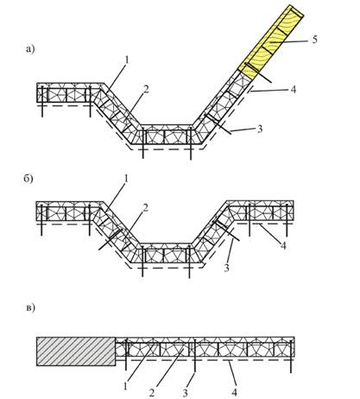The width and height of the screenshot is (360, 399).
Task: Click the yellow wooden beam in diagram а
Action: (270, 42)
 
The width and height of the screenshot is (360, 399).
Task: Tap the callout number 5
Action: (314, 39)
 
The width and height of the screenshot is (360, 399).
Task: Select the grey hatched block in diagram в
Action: (76, 351)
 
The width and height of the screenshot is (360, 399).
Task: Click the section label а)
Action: (30, 49)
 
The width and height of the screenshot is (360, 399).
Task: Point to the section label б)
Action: (28, 179)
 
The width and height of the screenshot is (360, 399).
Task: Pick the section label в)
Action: (30, 307)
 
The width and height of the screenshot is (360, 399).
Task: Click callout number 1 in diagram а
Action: (126, 60)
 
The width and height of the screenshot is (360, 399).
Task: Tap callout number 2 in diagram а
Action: (146, 90)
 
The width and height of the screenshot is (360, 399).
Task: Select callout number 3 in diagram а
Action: (260, 129)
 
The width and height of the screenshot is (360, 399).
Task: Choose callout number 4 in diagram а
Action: (293, 90)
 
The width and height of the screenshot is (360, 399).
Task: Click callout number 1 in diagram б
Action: (126, 179)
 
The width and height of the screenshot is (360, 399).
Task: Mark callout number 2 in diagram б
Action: (145, 208)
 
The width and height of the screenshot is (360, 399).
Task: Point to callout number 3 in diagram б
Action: (227, 268)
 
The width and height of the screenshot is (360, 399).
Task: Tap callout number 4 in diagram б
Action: (283, 246)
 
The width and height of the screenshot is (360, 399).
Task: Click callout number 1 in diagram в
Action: (125, 386)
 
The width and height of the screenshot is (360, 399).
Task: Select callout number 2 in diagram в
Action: (152, 392)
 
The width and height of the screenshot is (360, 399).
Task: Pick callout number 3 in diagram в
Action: (185, 392)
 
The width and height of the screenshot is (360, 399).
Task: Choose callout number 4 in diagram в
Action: (235, 392)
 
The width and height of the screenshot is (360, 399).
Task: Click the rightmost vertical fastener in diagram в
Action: (291, 356)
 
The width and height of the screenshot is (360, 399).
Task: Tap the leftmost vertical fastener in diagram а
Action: (42, 101)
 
